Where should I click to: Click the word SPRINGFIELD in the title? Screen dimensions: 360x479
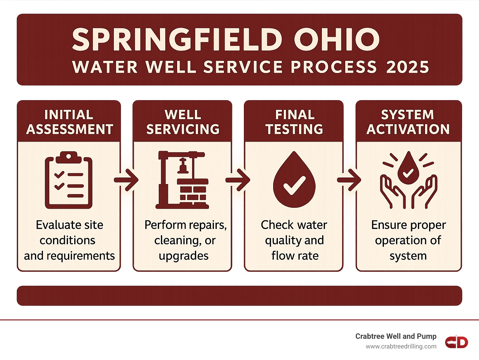[177, 40]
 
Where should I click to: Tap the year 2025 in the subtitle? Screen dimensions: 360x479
[407, 67]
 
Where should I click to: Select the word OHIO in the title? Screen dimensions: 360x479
[336, 40]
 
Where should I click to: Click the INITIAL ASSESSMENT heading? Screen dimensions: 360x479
[69, 122]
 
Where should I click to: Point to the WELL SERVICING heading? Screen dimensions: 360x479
[183, 122]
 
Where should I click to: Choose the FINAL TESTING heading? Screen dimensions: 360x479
[294, 122]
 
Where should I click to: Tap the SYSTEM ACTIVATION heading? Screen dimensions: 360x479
[408, 122]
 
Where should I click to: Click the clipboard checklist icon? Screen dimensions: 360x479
[69, 180]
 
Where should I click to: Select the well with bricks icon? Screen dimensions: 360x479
[182, 180]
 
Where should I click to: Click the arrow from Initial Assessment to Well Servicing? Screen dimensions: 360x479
[127, 180]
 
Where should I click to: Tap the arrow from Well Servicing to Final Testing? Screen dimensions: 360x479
[238, 180]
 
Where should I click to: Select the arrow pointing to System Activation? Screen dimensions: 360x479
[349, 180]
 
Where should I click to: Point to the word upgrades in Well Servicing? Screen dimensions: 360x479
[183, 256]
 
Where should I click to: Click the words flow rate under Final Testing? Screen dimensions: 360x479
[295, 256]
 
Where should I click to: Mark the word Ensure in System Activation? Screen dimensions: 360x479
[389, 225]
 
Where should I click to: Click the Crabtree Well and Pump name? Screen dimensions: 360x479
[396, 336]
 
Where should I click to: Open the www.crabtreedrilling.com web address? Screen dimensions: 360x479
[401, 346]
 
